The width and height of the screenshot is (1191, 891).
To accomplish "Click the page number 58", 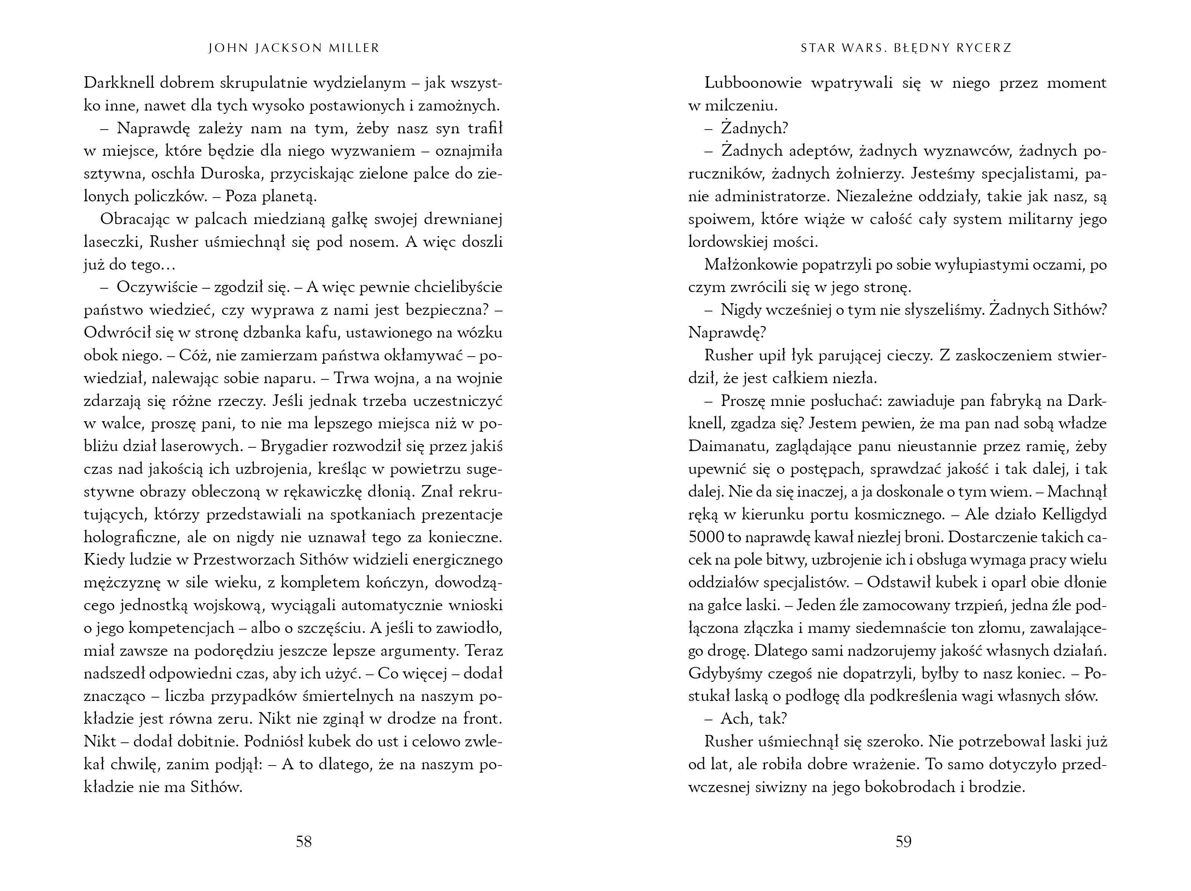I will point(304,841).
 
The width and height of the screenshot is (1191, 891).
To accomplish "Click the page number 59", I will point(903,841).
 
